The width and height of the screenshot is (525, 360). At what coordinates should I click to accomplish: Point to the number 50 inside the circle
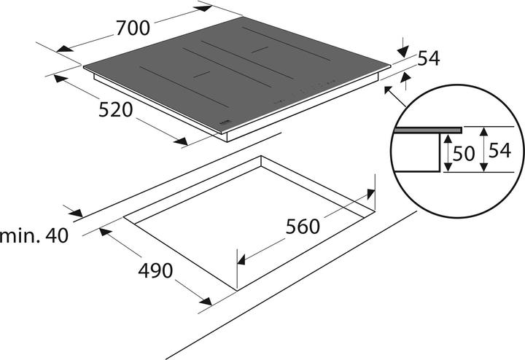[464, 154]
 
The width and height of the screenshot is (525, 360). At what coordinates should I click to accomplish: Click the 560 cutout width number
[302, 227]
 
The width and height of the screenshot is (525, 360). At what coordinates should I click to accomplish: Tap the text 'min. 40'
[34, 237]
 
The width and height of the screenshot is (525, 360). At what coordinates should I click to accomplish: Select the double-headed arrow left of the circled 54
[483, 150]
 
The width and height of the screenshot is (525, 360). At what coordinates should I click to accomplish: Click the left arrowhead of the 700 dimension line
[65, 49]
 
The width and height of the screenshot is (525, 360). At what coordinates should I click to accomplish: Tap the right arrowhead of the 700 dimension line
[204, 8]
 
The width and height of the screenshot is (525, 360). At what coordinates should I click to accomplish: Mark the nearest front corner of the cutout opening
[236, 290]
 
